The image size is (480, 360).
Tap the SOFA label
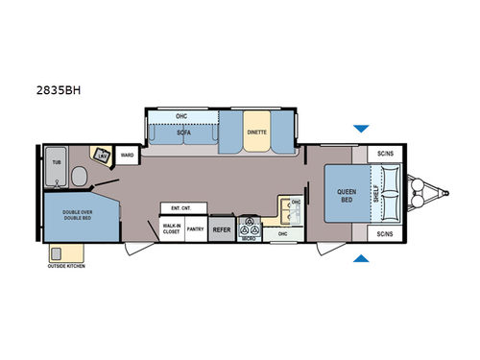[182, 135]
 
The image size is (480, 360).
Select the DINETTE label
[255, 133]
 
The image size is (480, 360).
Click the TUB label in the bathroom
[56, 164]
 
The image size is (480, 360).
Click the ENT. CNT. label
[180, 207]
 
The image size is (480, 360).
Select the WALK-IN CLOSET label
[173, 228]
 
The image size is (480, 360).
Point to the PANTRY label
[195, 229]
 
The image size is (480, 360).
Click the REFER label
[221, 229]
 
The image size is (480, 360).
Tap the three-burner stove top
[251, 230]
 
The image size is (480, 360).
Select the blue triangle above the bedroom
[360, 128]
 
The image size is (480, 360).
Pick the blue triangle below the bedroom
[360, 257]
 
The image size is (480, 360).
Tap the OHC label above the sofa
[182, 117]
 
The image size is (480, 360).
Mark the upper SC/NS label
[385, 154]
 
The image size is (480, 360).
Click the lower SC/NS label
[385, 233]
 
